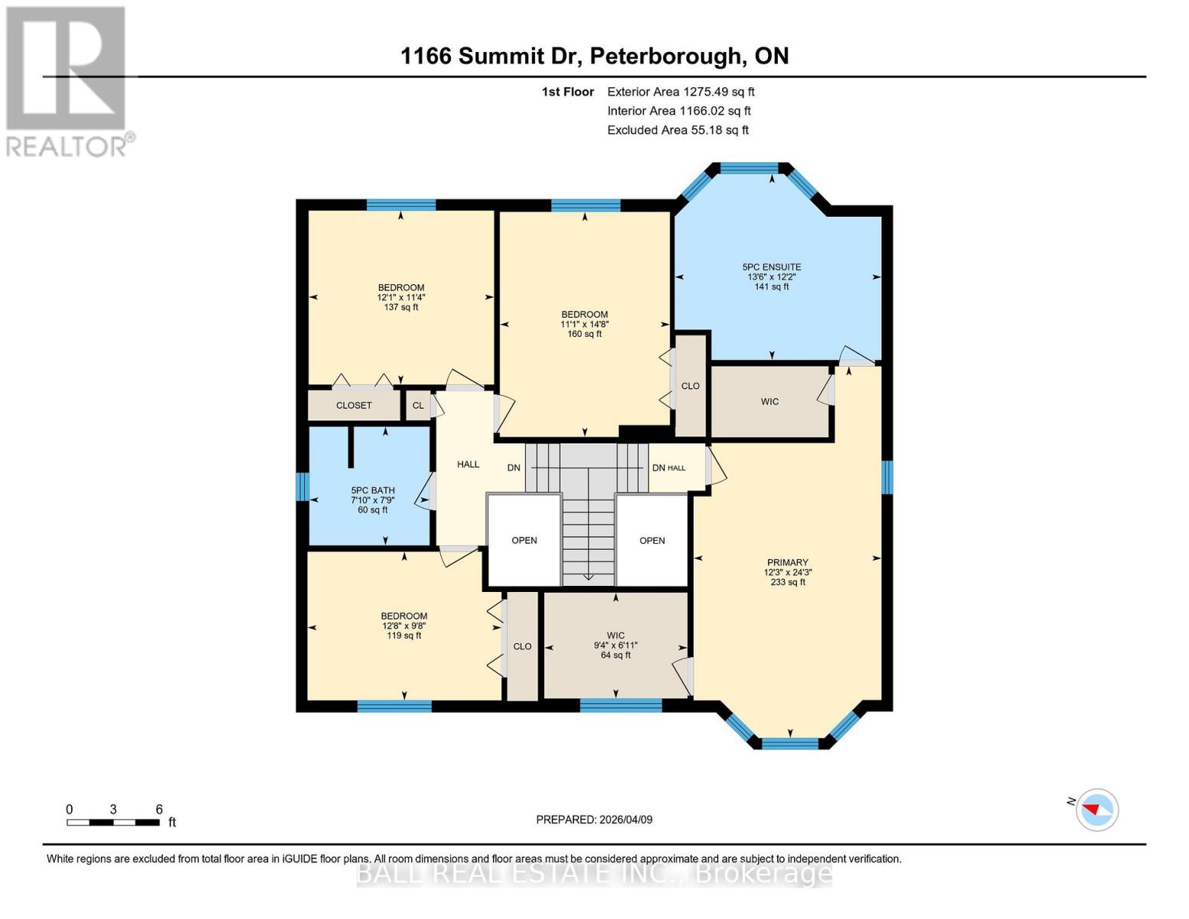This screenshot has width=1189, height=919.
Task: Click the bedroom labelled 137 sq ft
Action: click(400, 297)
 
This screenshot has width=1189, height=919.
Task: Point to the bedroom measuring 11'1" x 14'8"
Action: click(584, 324)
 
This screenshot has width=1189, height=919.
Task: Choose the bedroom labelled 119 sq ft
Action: click(403, 626)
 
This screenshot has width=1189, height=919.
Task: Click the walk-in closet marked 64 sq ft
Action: click(616, 645)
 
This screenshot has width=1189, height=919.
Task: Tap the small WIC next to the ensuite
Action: click(769, 401)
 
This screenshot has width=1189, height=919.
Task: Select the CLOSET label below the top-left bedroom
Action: click(354, 405)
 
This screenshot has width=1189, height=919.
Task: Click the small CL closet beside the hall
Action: click(418, 405)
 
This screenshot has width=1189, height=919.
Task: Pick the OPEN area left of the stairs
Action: click(524, 540)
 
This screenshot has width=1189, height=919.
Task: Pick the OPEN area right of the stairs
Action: click(652, 540)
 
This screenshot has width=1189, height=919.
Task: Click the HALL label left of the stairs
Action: click(468, 464)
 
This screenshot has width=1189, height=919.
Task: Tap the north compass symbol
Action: click(1096, 809)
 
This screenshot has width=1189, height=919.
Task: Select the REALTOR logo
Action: click(67, 80)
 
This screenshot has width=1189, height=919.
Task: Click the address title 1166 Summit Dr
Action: click(594, 56)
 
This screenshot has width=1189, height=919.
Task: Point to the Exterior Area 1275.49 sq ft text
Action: click(681, 91)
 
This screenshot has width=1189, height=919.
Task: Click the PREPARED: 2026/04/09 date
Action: click(594, 819)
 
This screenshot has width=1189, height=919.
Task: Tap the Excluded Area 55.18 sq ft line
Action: click(678, 130)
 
